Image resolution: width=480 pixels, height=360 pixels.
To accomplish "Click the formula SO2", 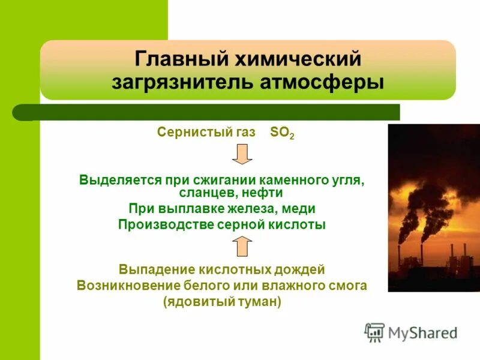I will point(282,133).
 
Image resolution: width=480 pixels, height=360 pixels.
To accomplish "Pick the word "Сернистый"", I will point(190,133).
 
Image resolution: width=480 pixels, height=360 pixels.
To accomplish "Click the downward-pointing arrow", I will point(242,155).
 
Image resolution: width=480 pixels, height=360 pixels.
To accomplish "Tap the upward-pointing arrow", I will point(242,246).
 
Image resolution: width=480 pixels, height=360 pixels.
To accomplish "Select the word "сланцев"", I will point(204,193).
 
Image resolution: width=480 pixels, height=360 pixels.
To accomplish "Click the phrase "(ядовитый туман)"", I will point(221,302).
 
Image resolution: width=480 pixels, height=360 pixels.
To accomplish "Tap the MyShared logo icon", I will point(375,332).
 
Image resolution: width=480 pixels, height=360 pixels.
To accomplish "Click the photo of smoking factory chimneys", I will point(434,208).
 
